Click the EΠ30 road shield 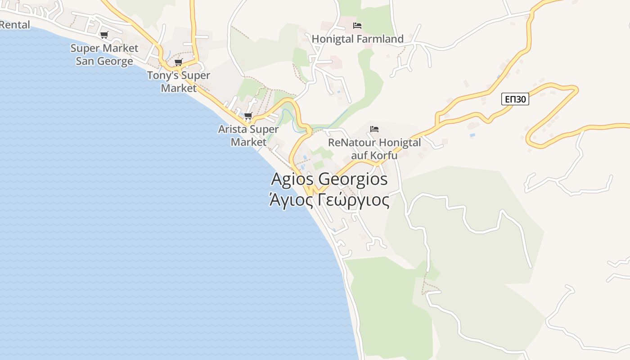[x=515, y=99]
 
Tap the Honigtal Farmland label [x=358, y=39]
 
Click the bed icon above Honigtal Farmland [x=357, y=26]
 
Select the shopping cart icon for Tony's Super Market [x=179, y=62]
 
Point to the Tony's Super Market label [x=179, y=81]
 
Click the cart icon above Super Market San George [x=104, y=35]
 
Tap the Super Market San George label [x=104, y=54]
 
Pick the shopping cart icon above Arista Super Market [x=248, y=116]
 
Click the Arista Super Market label [x=248, y=135]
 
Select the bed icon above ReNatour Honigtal [x=374, y=129]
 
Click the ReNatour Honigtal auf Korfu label [x=374, y=149]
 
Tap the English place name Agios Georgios [x=329, y=179]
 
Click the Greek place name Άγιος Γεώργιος [x=329, y=200]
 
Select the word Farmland [x=380, y=39]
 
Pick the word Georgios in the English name [x=353, y=179]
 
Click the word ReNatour [x=351, y=143]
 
